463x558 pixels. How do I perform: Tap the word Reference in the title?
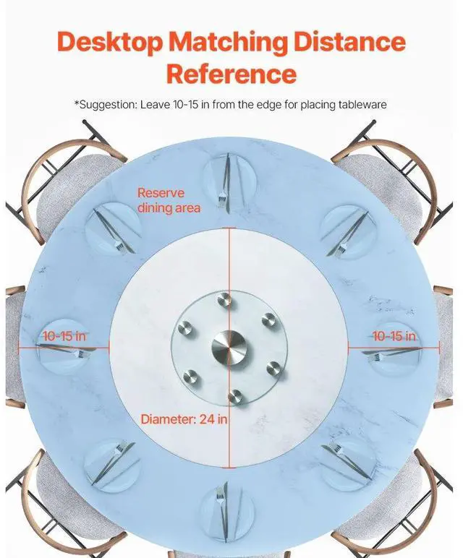(x=231, y=73)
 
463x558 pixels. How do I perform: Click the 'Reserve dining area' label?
(x=169, y=200)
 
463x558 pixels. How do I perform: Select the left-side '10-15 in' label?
(x=65, y=336)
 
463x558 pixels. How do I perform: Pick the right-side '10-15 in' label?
(x=394, y=336)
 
